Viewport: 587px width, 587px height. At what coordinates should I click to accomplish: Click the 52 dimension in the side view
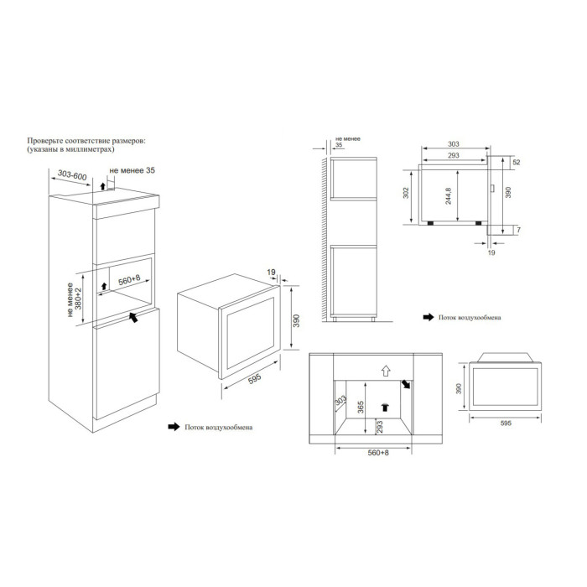pyautogui.click(x=517, y=162)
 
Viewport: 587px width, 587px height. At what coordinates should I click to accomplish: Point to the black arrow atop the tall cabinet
pyautogui.click(x=102, y=184)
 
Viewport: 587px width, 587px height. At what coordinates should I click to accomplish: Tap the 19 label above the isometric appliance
pyautogui.click(x=271, y=273)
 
